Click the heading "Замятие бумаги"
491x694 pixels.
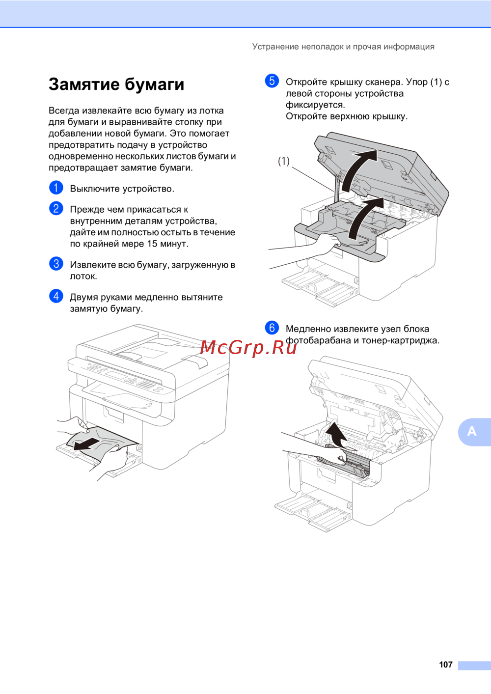click(116, 84)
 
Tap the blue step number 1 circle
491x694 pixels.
click(56, 188)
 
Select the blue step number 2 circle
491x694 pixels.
click(56, 208)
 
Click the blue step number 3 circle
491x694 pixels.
click(56, 264)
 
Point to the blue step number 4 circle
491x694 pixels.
click(56, 296)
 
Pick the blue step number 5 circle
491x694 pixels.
click(272, 81)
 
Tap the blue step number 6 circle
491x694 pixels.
click(272, 328)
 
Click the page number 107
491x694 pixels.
click(445, 665)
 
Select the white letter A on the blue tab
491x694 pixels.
click(472, 431)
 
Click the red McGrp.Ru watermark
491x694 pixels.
click(248, 347)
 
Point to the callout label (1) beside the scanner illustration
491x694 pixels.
click(284, 161)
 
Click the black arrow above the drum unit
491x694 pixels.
click(337, 434)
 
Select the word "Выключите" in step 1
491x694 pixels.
click(95, 189)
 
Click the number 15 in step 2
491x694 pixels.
click(152, 244)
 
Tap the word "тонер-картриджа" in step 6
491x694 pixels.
click(400, 340)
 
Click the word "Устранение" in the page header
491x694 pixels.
click(275, 47)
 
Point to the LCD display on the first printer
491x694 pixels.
click(117, 376)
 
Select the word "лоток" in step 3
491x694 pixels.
click(82, 276)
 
